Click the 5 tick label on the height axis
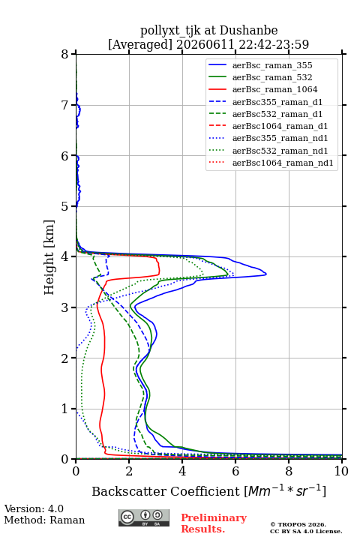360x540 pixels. click(65, 206)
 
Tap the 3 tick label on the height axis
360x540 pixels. click(65, 307)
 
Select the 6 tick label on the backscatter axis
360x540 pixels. click(235, 471)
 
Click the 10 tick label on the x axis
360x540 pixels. click(341, 471)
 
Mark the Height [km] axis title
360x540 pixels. click(49, 257)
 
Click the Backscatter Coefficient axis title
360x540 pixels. click(208, 490)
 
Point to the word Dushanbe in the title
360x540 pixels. click(249, 31)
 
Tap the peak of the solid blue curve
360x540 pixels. click(266, 274)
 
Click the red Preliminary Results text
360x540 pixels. click(214, 523)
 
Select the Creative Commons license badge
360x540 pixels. click(144, 517)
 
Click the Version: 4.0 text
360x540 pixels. click(34, 508)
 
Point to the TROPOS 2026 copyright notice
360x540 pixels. click(298, 524)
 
